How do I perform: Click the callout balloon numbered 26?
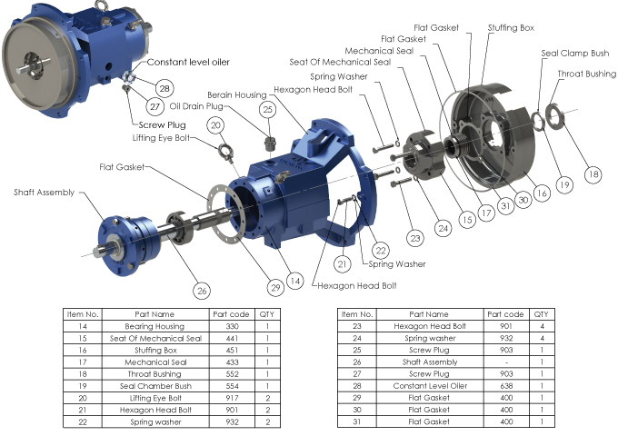click(x=202, y=291)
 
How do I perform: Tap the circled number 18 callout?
click(x=593, y=174)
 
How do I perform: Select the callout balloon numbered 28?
click(x=164, y=88)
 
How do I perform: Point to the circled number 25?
click(x=267, y=109)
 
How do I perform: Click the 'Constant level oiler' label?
click(x=188, y=63)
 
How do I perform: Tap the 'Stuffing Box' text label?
click(x=511, y=28)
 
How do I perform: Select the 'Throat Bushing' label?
click(x=586, y=74)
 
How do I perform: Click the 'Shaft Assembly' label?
click(x=45, y=193)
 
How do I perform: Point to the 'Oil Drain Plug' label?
click(x=196, y=106)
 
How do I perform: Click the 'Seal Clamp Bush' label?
click(x=574, y=54)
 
